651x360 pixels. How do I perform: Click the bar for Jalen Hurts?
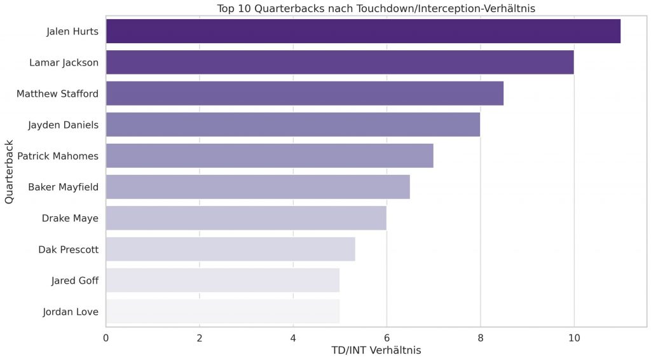(x=363, y=31)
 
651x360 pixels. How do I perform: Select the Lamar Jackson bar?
(x=339, y=62)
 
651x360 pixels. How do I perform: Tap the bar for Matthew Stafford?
(x=305, y=93)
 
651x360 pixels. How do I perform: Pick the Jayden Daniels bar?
(x=293, y=125)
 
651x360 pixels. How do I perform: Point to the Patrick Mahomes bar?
(x=270, y=156)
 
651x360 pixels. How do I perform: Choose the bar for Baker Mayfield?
(x=257, y=187)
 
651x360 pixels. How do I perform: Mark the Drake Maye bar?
(x=246, y=218)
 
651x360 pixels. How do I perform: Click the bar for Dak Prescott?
(x=230, y=249)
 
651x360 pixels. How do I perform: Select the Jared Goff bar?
(x=223, y=280)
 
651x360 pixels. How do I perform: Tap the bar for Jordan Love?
(x=223, y=312)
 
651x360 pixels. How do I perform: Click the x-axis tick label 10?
(x=574, y=338)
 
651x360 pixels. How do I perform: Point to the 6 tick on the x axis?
(x=387, y=338)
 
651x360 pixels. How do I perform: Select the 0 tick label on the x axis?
(x=106, y=338)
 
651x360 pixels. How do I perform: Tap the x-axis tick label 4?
(x=293, y=338)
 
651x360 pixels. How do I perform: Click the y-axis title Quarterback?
(x=10, y=172)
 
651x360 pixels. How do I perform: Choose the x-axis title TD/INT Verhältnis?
(x=376, y=350)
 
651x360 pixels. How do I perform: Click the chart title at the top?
(x=376, y=8)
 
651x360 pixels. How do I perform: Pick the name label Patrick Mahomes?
(x=58, y=156)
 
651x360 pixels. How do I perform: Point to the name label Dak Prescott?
(x=68, y=249)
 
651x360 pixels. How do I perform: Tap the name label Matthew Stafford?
(x=57, y=93)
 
